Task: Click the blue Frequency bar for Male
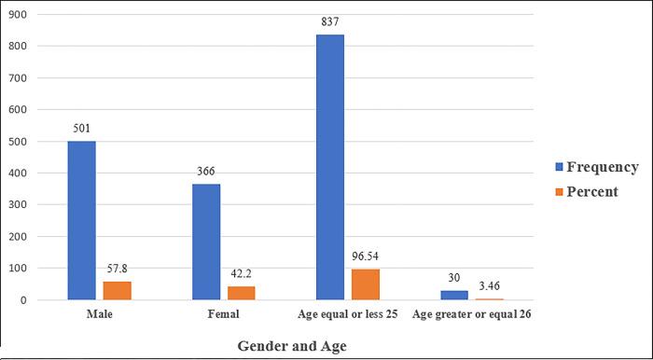[80, 221]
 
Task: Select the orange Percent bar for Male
[116, 291]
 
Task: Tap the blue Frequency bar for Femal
[205, 242]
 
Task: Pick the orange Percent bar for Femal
[241, 293]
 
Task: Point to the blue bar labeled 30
[455, 295]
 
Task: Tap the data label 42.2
[241, 276]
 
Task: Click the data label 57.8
[116, 271]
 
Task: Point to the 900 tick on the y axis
[20, 15]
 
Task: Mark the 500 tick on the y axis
[20, 142]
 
